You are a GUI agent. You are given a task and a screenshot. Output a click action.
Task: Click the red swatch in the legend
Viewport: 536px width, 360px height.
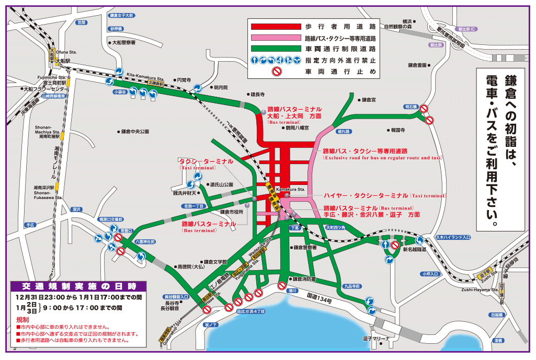click(275, 26)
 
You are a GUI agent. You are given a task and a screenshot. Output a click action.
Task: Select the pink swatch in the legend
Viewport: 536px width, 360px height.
click(275, 38)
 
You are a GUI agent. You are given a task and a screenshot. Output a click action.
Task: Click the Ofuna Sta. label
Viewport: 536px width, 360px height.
click(66, 52)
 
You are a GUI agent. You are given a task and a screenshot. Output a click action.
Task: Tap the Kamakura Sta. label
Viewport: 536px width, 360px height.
click(290, 189)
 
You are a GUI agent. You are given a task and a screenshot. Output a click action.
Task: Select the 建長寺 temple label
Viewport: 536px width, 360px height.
click(257, 95)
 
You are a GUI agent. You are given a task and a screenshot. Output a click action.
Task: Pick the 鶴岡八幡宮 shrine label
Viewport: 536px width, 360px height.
click(297, 127)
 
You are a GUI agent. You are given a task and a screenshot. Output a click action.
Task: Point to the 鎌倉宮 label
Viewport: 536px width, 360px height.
click(368, 99)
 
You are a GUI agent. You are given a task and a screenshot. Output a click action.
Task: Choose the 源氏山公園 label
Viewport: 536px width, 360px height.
click(221, 184)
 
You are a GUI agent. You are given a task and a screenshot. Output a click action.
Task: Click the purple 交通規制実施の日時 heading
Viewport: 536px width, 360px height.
click(79, 286)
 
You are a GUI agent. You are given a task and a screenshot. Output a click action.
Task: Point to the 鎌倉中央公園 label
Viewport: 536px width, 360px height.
click(135, 132)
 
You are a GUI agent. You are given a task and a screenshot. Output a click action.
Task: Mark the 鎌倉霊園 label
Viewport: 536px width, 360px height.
click(417, 65)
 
